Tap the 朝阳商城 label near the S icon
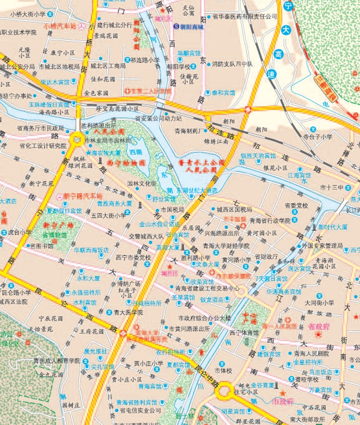[x=191, y=27]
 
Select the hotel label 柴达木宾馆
[x=55, y=82]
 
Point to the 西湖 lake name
[x=136, y=153]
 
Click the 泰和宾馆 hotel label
[x=223, y=93]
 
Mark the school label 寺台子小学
[x=317, y=137]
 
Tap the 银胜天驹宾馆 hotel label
[x=258, y=156]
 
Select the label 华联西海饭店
[x=91, y=250]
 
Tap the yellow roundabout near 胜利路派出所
[x=78, y=138]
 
